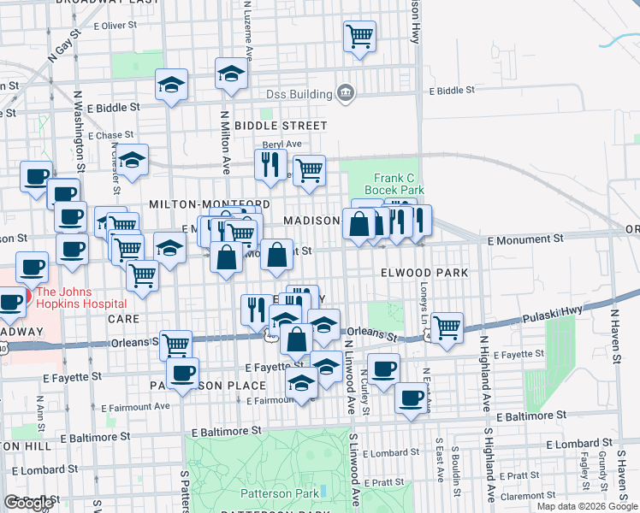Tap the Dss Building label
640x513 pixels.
pos(299,94)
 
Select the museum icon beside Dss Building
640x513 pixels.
pos(346,93)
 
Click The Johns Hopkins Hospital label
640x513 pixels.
pos(80,297)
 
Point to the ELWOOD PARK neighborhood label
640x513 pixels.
pos(424,273)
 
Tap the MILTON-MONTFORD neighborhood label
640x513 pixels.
pos(210,204)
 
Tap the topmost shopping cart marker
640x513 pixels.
pos(359,37)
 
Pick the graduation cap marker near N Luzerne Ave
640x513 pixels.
pos(231,74)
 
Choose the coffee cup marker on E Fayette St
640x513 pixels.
pos(182,372)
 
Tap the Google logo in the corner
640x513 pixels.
pos(29,503)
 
